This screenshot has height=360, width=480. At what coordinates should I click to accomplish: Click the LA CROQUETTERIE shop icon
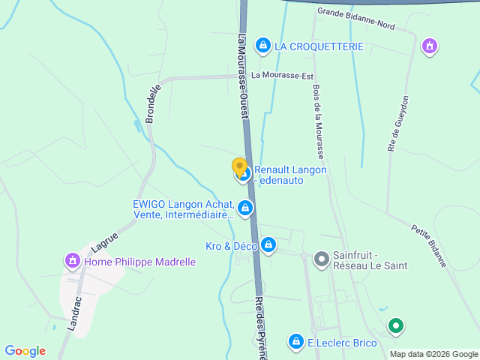pyautogui.click(x=262, y=46)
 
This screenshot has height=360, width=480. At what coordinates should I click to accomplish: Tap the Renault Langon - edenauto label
pyautogui.click(x=290, y=175)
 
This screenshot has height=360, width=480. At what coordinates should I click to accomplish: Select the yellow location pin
pyautogui.click(x=239, y=167)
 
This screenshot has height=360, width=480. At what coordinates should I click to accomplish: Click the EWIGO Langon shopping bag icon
pyautogui.click(x=244, y=207)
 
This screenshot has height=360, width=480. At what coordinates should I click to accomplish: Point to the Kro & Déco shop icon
pyautogui.click(x=268, y=245)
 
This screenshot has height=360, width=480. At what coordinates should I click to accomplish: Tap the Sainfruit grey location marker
pyautogui.click(x=321, y=259)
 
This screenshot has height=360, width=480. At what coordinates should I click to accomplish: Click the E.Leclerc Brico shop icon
pyautogui.click(x=297, y=343)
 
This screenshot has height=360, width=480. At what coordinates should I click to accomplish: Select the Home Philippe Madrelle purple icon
pyautogui.click(x=73, y=262)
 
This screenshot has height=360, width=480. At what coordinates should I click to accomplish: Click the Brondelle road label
pyautogui.click(x=154, y=103)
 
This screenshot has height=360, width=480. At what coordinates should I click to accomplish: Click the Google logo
pyautogui.click(x=25, y=351)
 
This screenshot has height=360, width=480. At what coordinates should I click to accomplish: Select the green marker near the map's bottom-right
pyautogui.click(x=395, y=325)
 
